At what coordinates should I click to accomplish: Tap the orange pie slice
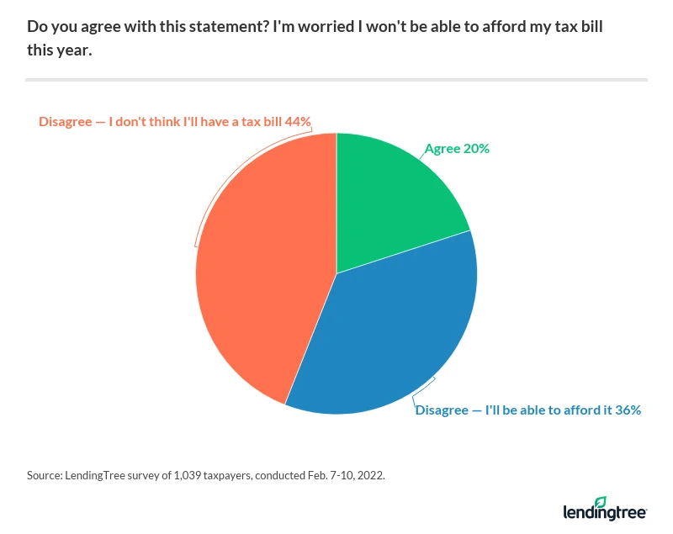pos(261,269)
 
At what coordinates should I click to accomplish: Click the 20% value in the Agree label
pos(477,149)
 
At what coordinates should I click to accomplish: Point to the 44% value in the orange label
pos(299,121)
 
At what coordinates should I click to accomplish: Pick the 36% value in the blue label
pos(628,410)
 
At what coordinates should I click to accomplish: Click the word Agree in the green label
pos(442,149)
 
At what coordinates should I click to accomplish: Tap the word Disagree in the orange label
pos(66,121)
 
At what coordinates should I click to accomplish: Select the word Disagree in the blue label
pos(442,410)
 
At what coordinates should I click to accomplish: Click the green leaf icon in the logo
pos(601,502)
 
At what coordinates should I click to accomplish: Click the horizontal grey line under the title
pos(336,80)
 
